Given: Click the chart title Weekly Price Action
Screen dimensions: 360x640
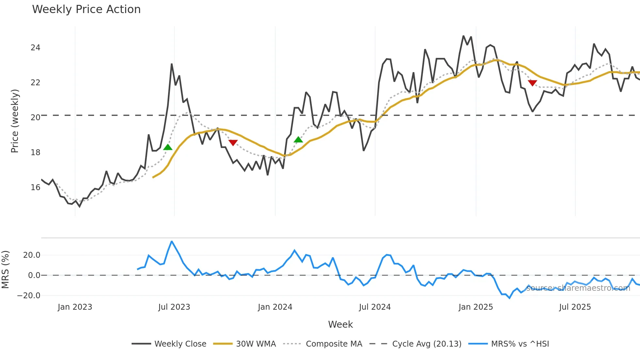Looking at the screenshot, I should (x=86, y=9).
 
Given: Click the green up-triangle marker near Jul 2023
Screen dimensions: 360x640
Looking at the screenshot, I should (x=168, y=147).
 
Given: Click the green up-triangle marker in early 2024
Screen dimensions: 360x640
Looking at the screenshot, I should (x=298, y=140).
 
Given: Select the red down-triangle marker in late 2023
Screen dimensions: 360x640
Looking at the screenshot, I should (x=233, y=142).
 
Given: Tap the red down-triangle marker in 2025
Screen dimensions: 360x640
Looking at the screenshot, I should (x=532, y=83).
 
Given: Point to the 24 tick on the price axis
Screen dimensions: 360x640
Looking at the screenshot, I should (x=35, y=48).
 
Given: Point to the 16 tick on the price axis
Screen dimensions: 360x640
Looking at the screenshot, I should (x=35, y=188).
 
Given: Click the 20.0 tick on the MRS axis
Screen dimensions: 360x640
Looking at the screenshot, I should (x=32, y=255).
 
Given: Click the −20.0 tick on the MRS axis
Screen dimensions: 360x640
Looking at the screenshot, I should (x=29, y=296).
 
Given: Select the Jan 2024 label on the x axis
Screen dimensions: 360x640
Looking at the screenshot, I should (x=275, y=307).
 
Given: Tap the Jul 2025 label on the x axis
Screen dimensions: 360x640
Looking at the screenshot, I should (x=575, y=307).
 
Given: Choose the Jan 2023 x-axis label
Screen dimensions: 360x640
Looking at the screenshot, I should (x=75, y=307).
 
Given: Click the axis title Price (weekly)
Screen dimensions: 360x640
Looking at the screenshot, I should (x=15, y=121).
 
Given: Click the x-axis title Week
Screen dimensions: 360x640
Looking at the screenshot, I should (x=340, y=324).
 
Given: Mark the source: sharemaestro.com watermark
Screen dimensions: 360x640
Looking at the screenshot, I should (x=578, y=288).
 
